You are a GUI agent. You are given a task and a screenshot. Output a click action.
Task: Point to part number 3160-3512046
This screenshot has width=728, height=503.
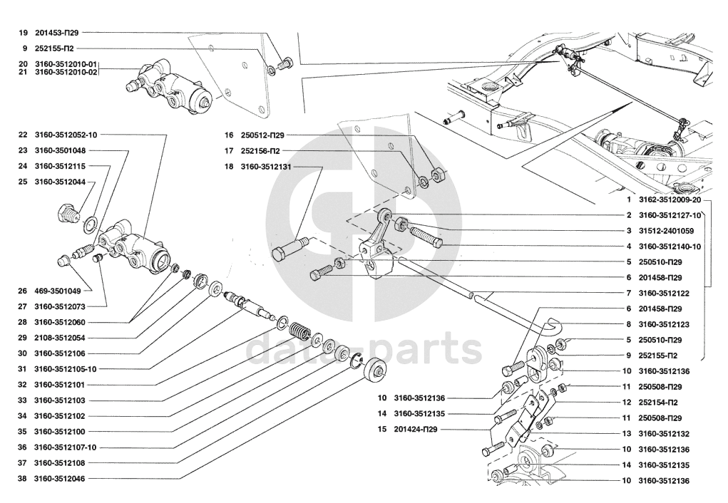[x=60, y=479]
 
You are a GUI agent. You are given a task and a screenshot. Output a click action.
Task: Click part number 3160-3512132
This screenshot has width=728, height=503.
[x=663, y=434]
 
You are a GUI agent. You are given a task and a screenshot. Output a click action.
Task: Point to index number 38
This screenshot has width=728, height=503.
[x=22, y=479]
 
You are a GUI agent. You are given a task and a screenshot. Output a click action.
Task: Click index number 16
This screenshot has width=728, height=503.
[x=229, y=135]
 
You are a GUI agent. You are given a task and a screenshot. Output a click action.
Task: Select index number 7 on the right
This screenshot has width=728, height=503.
[x=628, y=294]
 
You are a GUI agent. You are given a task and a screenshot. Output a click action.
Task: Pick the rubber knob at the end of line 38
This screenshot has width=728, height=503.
[x=374, y=371]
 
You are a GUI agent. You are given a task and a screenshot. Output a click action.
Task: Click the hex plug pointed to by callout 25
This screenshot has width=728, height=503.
[x=68, y=213]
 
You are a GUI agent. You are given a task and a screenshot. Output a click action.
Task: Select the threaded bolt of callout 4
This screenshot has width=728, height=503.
[x=424, y=236]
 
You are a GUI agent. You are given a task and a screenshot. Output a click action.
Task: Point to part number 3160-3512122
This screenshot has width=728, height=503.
[x=663, y=294]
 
